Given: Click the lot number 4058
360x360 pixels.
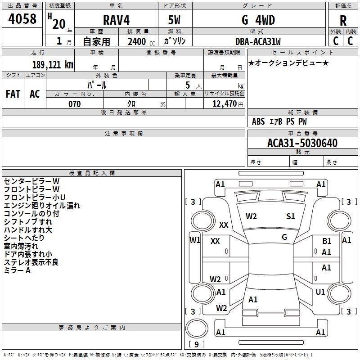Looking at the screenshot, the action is tap(22, 19).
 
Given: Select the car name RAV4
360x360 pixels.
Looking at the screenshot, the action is tap(116, 20).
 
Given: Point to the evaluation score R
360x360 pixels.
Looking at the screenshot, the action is tap(343, 21).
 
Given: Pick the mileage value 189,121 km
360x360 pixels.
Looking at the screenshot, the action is tap(53, 64).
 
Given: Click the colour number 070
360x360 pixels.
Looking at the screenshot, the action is tap(75, 104).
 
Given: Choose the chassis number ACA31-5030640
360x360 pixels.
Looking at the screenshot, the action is tap(302, 143).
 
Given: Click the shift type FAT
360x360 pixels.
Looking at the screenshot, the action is tap(13, 94).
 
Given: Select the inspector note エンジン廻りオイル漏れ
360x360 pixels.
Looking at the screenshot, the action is tap(42, 206).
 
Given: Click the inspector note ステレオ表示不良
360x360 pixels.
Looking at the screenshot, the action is tap(31, 262).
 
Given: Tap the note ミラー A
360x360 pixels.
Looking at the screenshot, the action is tap(17, 270).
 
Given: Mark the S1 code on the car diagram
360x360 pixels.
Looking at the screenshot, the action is tap(291, 216).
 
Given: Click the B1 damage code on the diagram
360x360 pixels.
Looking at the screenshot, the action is tap(327, 241).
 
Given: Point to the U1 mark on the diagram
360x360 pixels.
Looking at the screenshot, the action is tap(320, 292).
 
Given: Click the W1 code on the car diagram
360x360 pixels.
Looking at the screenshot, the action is tap(195, 240).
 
